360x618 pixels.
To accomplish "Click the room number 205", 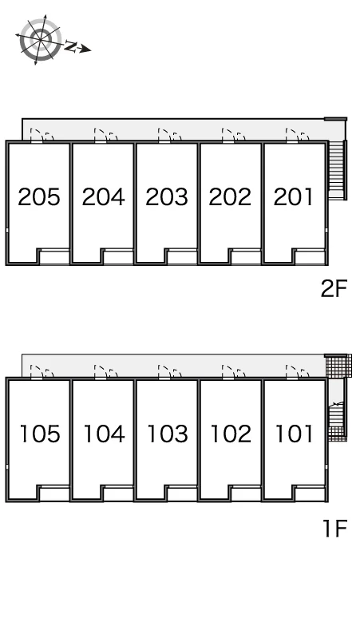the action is point(39,197).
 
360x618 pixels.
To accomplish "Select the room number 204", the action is point(103,197).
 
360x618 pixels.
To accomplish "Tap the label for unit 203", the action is point(167,197).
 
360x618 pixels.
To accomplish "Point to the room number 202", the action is point(230,197).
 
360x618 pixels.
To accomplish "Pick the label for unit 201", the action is point(294,197).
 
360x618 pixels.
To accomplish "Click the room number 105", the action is point(40,434).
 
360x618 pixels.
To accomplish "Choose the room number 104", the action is point(105,434).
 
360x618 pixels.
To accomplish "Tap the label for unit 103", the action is point(168,434).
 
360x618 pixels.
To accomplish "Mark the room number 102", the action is point(231,434).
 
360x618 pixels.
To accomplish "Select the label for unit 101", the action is point(295,434).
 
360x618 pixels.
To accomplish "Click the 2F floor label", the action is point(334,289).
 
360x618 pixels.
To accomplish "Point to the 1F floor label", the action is point(335,529).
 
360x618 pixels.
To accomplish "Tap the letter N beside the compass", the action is point(70,46).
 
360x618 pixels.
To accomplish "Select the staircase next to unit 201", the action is point(337,169).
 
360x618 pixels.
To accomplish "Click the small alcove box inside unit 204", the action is point(118,256).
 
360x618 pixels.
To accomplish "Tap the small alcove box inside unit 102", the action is point(246,493).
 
